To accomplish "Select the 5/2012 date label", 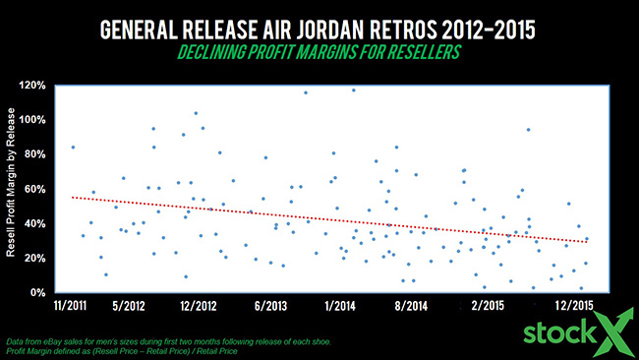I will tap(129, 306).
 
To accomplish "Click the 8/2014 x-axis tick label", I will tap(409, 306).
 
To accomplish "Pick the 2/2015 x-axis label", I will tap(487, 306).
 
